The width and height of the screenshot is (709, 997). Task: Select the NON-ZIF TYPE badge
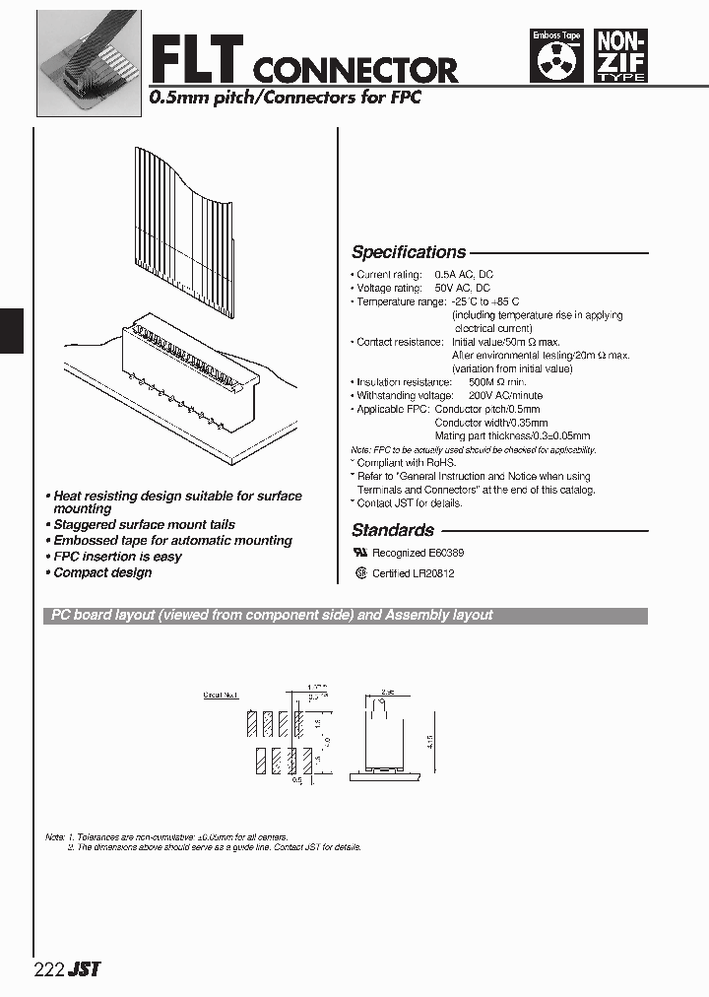[x=622, y=56]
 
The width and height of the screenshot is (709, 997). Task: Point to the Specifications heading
[x=409, y=252]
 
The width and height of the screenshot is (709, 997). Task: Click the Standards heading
[x=393, y=530]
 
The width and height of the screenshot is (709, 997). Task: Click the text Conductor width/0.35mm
[x=488, y=422]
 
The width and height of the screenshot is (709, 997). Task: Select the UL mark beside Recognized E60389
[x=360, y=554]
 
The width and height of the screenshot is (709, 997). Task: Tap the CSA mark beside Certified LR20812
[x=360, y=572]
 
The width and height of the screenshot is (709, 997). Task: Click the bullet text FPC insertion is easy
[x=117, y=557]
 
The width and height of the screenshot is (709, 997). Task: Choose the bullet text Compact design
[x=102, y=572]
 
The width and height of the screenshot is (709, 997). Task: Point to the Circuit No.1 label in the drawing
[x=221, y=695]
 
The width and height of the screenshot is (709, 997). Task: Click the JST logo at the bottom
[x=85, y=968]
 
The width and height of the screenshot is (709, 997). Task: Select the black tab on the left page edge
[x=10, y=330]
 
